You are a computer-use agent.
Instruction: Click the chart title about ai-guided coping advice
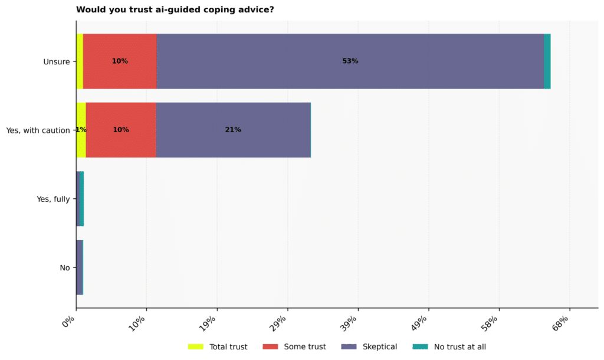pos(175,9)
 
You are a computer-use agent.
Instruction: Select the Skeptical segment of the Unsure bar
pos(350,61)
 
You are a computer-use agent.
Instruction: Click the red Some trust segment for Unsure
pos(120,61)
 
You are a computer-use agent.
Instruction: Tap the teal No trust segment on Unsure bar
pos(547,61)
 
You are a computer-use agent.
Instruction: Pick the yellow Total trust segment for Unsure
pos(80,61)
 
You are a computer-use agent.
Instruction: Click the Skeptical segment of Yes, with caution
pos(233,130)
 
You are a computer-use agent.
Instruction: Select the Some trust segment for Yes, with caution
pos(121,130)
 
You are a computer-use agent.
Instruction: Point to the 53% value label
pos(350,61)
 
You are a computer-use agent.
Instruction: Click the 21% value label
pos(233,130)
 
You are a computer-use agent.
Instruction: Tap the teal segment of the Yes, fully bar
pos(81,199)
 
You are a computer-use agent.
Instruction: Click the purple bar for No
pos(80,267)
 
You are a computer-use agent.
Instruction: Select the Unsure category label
pos(57,61)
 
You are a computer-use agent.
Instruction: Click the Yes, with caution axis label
pos(38,130)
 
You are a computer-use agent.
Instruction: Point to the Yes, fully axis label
pos(53,199)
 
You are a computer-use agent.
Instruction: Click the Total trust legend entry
pos(218,346)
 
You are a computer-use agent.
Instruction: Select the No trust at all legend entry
pos(449,346)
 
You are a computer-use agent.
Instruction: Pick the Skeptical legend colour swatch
pos(349,346)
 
